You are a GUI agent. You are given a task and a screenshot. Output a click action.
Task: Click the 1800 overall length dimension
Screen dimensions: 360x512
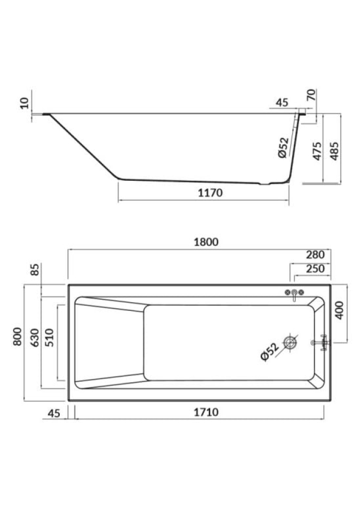point(206,242)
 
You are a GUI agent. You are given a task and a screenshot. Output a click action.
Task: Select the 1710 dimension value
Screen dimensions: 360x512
point(206,412)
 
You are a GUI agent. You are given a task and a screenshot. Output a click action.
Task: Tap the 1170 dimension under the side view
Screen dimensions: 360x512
point(210,193)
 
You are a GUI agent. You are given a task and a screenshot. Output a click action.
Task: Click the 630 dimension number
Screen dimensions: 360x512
point(35,338)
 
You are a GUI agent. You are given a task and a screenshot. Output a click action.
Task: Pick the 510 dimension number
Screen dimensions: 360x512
point(49,338)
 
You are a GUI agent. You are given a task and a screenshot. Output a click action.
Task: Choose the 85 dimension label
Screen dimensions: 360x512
point(35,269)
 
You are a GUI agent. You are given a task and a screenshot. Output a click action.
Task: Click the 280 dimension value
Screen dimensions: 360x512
point(315,255)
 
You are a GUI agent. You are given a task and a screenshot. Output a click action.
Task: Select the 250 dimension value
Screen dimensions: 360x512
point(315,269)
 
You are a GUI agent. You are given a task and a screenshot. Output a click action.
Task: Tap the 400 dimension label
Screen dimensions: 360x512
point(339,310)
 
